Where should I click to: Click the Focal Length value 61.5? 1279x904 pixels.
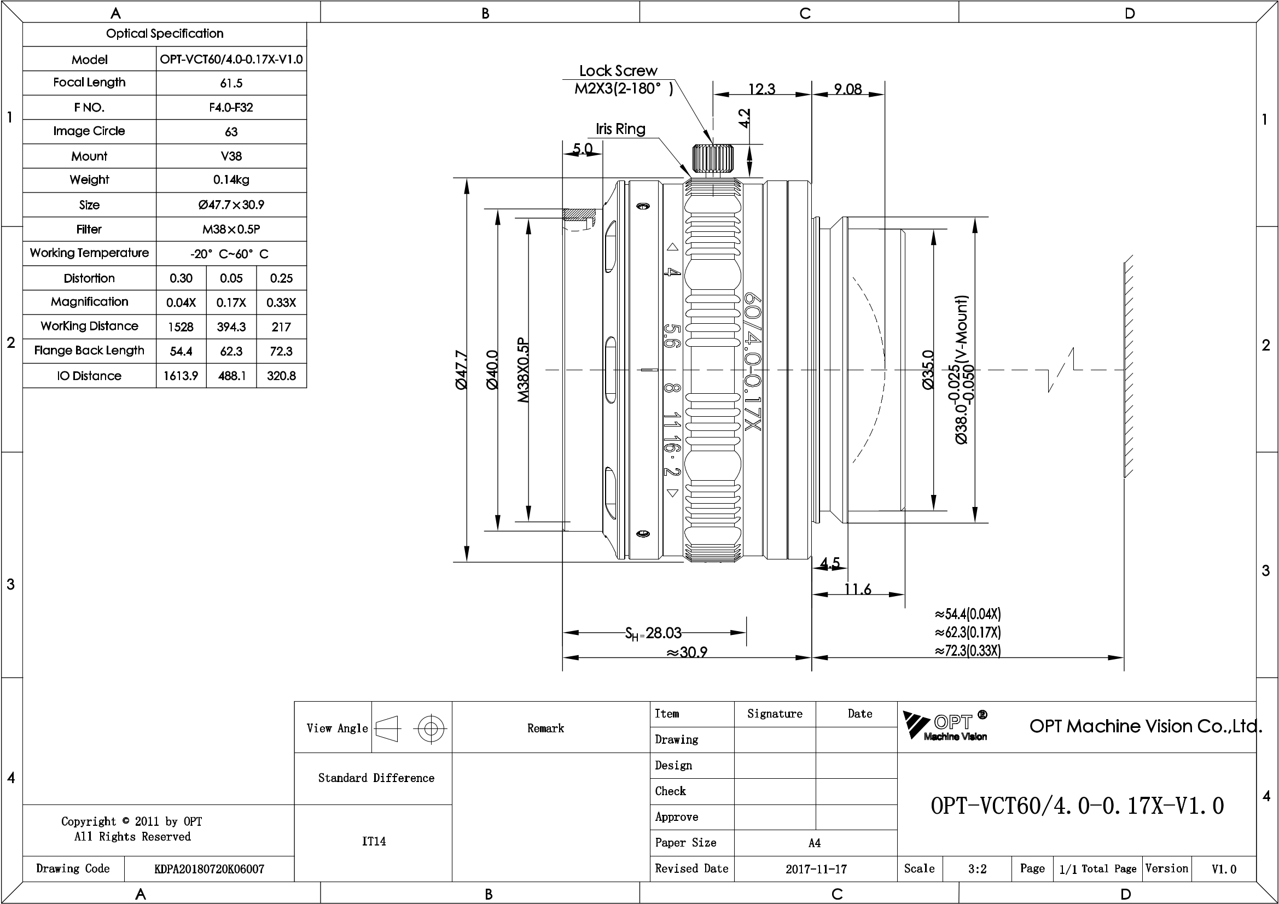(231, 83)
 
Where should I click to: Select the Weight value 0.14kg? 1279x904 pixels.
(231, 180)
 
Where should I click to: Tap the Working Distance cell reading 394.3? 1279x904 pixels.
(231, 327)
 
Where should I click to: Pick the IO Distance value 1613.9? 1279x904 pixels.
(181, 376)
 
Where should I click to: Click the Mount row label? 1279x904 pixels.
(89, 156)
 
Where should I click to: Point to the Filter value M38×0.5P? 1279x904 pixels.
(231, 229)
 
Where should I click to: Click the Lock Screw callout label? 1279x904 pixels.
(618, 71)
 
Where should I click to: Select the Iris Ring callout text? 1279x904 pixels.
(620, 129)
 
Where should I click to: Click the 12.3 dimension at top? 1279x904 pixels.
(761, 89)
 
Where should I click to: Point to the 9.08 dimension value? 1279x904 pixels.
(848, 89)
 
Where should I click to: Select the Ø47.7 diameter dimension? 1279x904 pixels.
(461, 370)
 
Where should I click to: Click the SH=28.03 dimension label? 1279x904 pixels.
(653, 633)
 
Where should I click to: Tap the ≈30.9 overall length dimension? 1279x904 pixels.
(687, 651)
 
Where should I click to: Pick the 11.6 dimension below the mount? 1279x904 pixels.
(857, 589)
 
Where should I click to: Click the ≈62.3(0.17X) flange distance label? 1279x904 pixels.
(968, 632)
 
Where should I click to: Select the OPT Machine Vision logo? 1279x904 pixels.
(945, 726)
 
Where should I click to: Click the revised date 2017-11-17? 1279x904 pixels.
(816, 869)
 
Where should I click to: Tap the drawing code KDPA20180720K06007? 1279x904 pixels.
(209, 869)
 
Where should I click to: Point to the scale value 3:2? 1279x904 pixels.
(977, 869)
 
